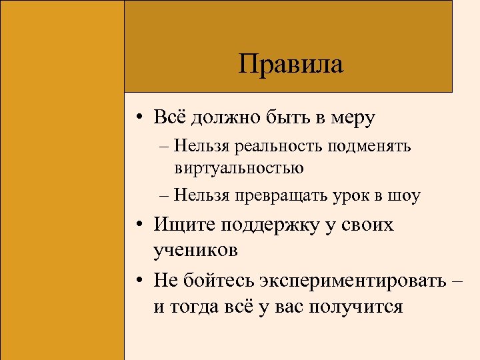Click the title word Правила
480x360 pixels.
pos(290,65)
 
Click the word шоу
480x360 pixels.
pos(404,195)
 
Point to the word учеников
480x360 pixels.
pos(195,251)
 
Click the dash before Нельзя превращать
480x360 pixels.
pos(164,196)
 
